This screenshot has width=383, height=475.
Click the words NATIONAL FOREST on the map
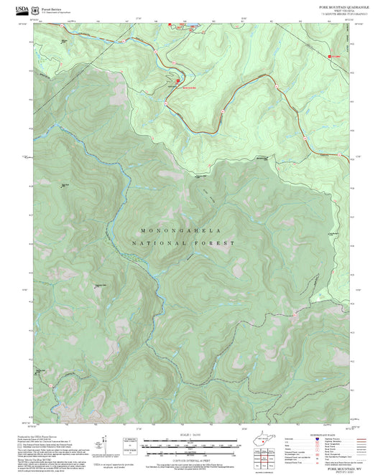click(184, 244)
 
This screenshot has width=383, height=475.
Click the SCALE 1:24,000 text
click(190, 435)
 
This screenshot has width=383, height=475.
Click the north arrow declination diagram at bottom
click(107, 445)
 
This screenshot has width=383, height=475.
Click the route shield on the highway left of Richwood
click(155, 52)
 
